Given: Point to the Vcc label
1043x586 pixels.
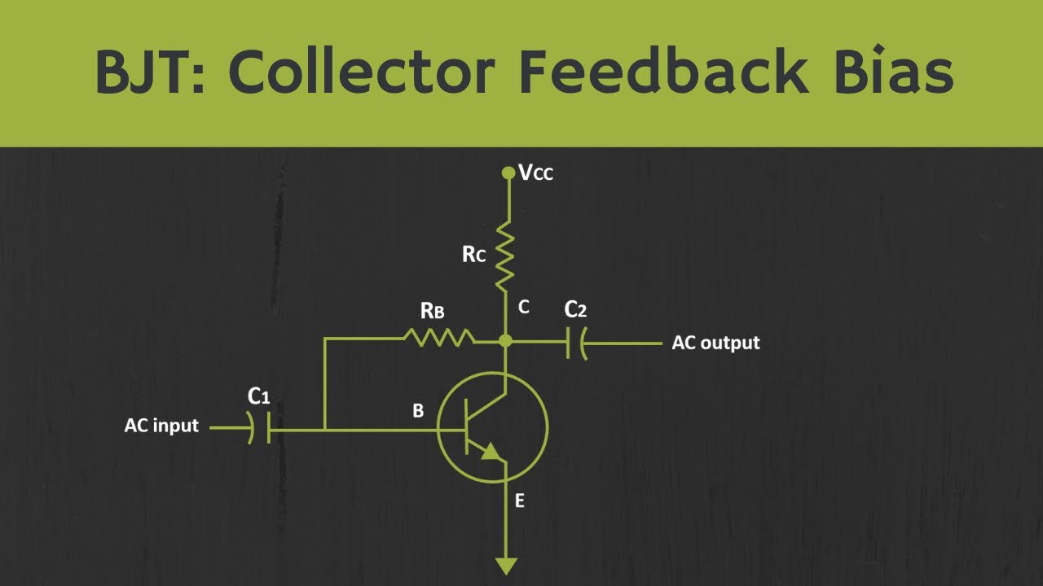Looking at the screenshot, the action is coord(536,173).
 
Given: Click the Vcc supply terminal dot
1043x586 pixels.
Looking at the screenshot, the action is coord(508,173).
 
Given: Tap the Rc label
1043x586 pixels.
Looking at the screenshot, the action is coord(473,254).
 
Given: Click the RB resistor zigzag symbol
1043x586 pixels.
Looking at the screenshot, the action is coord(438,337).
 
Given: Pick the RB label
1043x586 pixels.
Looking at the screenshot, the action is coord(432,310).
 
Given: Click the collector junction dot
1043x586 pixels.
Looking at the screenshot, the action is coord(506,340).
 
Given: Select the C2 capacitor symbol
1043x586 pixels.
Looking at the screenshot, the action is coord(577,343).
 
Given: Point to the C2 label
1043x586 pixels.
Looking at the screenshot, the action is coord(575,309).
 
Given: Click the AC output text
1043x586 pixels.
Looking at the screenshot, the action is coord(715,343).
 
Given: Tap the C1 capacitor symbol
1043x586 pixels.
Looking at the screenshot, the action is coord(260,426).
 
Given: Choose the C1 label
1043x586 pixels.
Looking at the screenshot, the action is coord(258,396).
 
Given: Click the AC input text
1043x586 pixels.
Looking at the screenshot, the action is coord(161,426).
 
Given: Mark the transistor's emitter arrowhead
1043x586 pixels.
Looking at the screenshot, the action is coord(489,452).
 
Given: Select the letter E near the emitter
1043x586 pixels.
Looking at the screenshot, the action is coord(519,501).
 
